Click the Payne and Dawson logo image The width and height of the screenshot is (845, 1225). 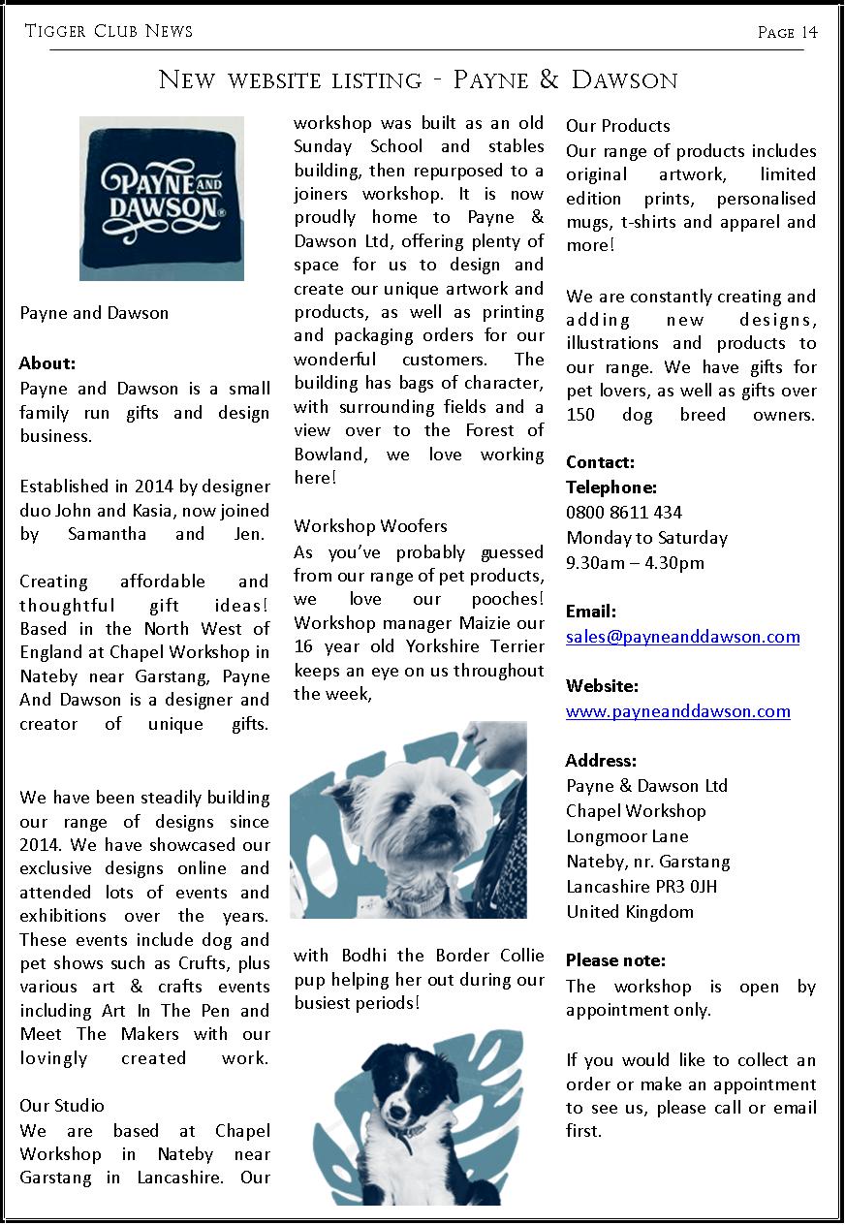pyautogui.click(x=161, y=198)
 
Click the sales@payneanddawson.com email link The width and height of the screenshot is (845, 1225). pyautogui.click(x=682, y=637)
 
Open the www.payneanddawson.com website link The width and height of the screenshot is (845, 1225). pyautogui.click(x=677, y=711)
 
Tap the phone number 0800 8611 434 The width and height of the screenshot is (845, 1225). pyautogui.click(x=624, y=513)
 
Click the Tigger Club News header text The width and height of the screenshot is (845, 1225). pyautogui.click(x=109, y=32)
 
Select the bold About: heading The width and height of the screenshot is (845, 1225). pyautogui.click(x=47, y=364)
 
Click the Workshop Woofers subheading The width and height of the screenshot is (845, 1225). pyautogui.click(x=370, y=526)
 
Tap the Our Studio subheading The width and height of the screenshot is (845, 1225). pyautogui.click(x=62, y=1106)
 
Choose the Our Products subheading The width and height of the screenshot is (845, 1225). pyautogui.click(x=617, y=126)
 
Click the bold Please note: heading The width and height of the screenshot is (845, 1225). pyautogui.click(x=615, y=960)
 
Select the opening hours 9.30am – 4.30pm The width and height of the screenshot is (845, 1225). pyautogui.click(x=635, y=563)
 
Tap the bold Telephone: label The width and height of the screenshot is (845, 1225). pyautogui.click(x=610, y=487)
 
